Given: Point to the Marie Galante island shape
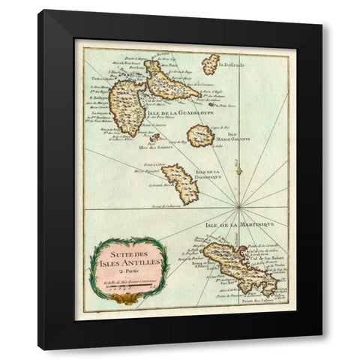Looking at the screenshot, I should (x=200, y=136).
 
